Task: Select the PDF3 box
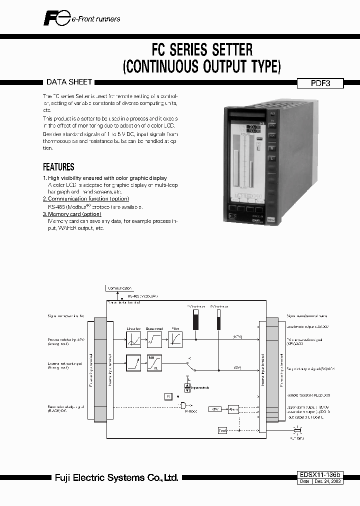click(320, 84)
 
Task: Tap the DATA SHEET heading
click(69, 82)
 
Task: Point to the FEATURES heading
click(58, 167)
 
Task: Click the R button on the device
click(272, 148)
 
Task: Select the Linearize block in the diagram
click(133, 338)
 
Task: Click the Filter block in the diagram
click(174, 338)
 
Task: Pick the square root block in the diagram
click(154, 338)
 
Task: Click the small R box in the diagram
click(168, 396)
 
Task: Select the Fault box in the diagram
click(222, 430)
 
